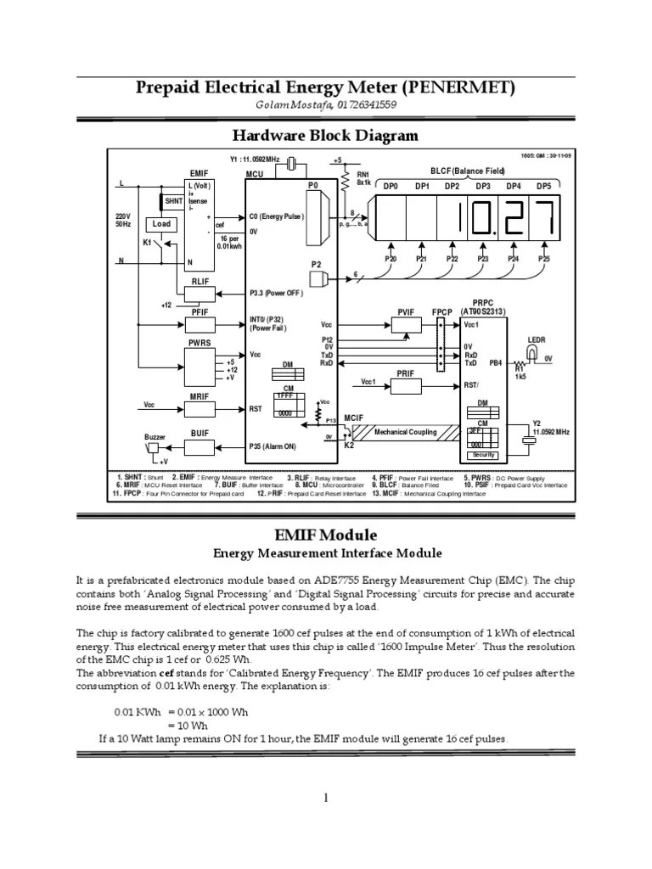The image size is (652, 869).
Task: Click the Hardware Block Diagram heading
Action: click(x=325, y=136)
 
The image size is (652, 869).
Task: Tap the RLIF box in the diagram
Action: click(x=200, y=293)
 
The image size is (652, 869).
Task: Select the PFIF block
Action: click(x=200, y=324)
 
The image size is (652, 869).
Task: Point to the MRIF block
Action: click(x=200, y=408)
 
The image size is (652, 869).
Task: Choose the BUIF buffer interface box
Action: click(x=200, y=442)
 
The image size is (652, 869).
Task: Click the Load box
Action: click(x=161, y=224)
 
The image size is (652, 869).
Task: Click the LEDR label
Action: click(x=537, y=339)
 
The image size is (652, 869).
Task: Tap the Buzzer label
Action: click(x=155, y=436)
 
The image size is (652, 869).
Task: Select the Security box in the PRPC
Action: click(x=484, y=455)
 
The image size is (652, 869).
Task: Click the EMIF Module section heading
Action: click(x=327, y=535)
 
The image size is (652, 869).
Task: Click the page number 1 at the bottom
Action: click(x=326, y=797)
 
